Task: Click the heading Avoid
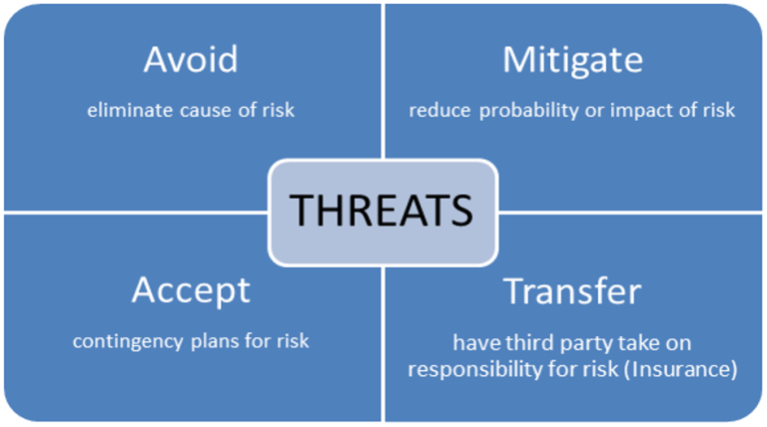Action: point(191,60)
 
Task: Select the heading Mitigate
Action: point(571,60)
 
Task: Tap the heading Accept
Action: point(191,290)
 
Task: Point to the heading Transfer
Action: point(571,290)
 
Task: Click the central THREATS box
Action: point(382,212)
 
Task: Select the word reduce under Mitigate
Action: point(437,110)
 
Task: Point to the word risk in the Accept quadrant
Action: point(291,340)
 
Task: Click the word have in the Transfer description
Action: point(473,343)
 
